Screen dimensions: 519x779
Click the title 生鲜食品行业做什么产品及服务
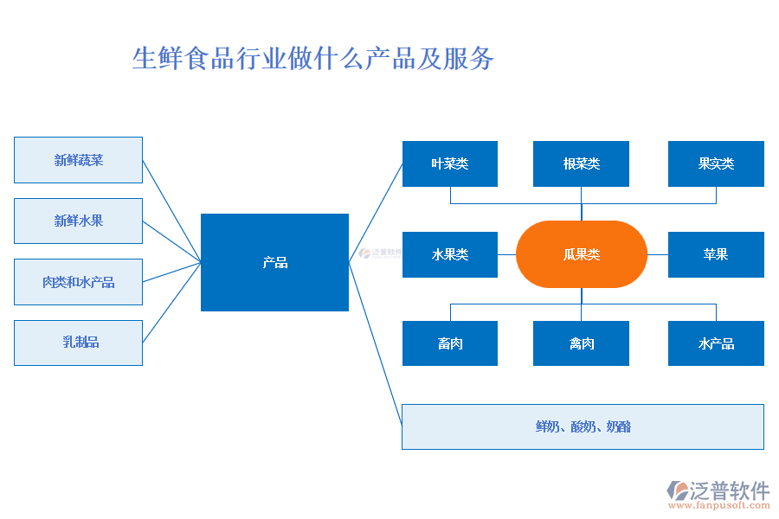(x=312, y=59)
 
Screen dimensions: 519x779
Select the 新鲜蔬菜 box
(x=78, y=160)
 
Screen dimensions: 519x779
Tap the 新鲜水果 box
(x=78, y=221)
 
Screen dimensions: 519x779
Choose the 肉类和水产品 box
(x=78, y=282)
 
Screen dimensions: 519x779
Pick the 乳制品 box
(x=78, y=343)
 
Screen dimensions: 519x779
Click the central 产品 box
(x=274, y=262)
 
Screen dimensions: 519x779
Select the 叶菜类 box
(x=450, y=163)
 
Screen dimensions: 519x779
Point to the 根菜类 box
(x=581, y=163)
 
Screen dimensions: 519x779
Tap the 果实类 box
(x=716, y=163)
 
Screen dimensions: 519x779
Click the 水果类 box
(x=450, y=254)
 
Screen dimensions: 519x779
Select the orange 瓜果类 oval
(x=581, y=254)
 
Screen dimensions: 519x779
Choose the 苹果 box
(x=716, y=254)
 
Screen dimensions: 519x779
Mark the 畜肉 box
(x=450, y=343)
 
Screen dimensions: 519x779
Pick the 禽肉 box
(x=581, y=343)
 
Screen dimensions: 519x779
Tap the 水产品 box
(x=716, y=343)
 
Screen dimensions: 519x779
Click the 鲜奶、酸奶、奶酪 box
(x=583, y=426)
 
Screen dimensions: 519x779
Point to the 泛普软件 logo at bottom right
(x=718, y=490)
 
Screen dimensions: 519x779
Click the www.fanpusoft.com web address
(x=718, y=506)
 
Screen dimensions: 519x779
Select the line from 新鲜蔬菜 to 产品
(x=171, y=209)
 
